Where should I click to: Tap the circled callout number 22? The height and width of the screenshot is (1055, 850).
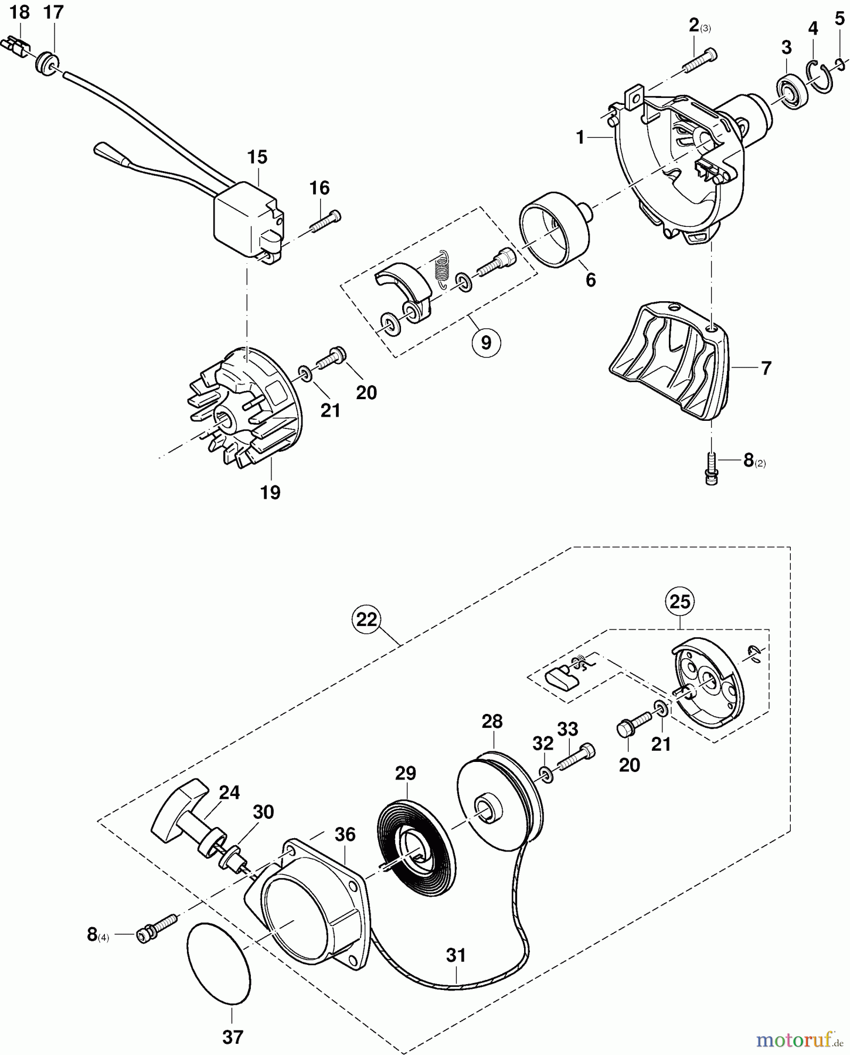click(x=366, y=619)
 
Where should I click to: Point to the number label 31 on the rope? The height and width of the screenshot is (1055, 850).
click(x=455, y=955)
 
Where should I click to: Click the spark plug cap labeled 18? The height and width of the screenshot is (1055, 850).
click(x=18, y=46)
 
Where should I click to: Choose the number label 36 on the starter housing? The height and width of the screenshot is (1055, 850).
click(x=345, y=835)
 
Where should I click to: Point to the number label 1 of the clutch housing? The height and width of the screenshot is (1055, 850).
click(x=580, y=138)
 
